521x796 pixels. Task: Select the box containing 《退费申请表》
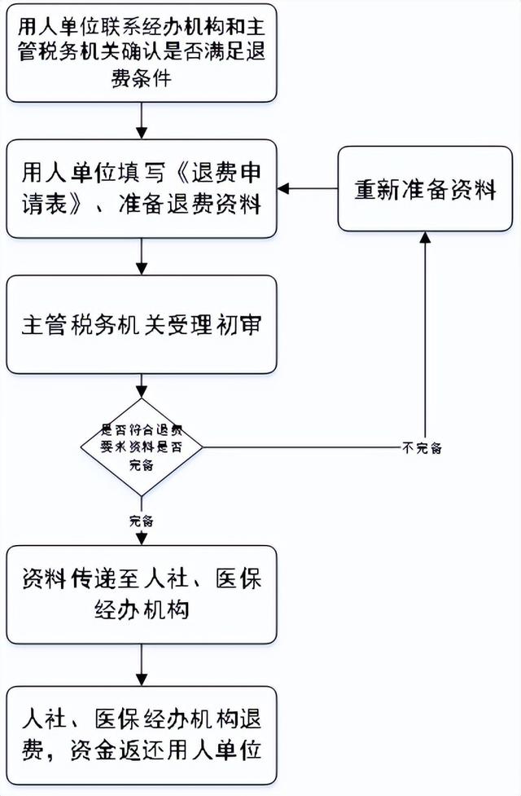tap(142, 188)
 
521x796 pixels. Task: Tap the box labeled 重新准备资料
tap(425, 188)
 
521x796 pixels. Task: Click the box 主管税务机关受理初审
tap(142, 324)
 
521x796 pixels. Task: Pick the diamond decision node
tap(142, 447)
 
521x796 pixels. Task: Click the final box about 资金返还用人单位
tap(142, 734)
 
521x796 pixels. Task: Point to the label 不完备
tap(422, 447)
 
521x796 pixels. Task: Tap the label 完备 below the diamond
tap(141, 521)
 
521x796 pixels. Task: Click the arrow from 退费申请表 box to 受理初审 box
tap(142, 257)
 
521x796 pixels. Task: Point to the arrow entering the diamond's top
tap(142, 386)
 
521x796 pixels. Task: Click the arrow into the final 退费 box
tap(142, 664)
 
